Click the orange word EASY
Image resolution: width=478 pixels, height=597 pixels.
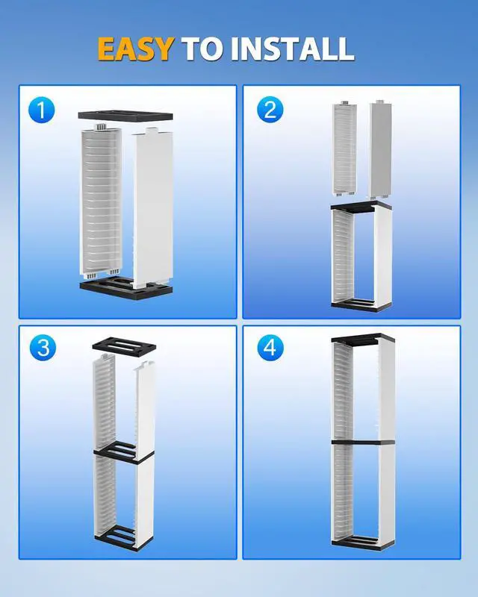pyautogui.click(x=136, y=49)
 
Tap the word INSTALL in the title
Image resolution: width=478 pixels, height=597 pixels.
pyautogui.click(x=292, y=49)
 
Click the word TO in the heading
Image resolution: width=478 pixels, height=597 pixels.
pyautogui.click(x=202, y=49)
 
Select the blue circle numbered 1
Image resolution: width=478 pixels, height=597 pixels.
pyautogui.click(x=42, y=110)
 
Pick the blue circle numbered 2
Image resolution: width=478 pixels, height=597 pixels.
pyautogui.click(x=270, y=110)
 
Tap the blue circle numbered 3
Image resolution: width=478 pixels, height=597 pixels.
pyautogui.click(x=43, y=348)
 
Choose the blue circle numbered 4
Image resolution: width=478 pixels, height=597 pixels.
pyautogui.click(x=270, y=348)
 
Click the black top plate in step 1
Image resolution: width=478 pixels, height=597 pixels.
pyautogui.click(x=125, y=116)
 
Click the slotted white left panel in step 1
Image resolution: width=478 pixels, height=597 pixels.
pyautogui.click(x=101, y=201)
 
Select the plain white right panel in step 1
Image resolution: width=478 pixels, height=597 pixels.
pyautogui.click(x=153, y=207)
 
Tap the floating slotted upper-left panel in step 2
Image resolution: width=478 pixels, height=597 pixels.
pyautogui.click(x=345, y=149)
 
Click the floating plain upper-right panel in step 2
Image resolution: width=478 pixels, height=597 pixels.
pyautogui.click(x=380, y=149)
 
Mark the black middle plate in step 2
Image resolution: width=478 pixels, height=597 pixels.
pyautogui.click(x=361, y=207)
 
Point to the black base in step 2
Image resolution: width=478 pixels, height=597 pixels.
pyautogui.click(x=361, y=305)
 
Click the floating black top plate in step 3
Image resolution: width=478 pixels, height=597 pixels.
pyautogui.click(x=124, y=346)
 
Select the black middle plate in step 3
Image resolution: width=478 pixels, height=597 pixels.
pyautogui.click(x=124, y=452)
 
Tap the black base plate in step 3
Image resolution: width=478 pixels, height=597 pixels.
pyautogui.click(x=124, y=537)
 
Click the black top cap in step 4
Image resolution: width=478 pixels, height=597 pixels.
pyautogui.click(x=362, y=340)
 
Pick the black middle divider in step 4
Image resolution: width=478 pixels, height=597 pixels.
pyautogui.click(x=363, y=443)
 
